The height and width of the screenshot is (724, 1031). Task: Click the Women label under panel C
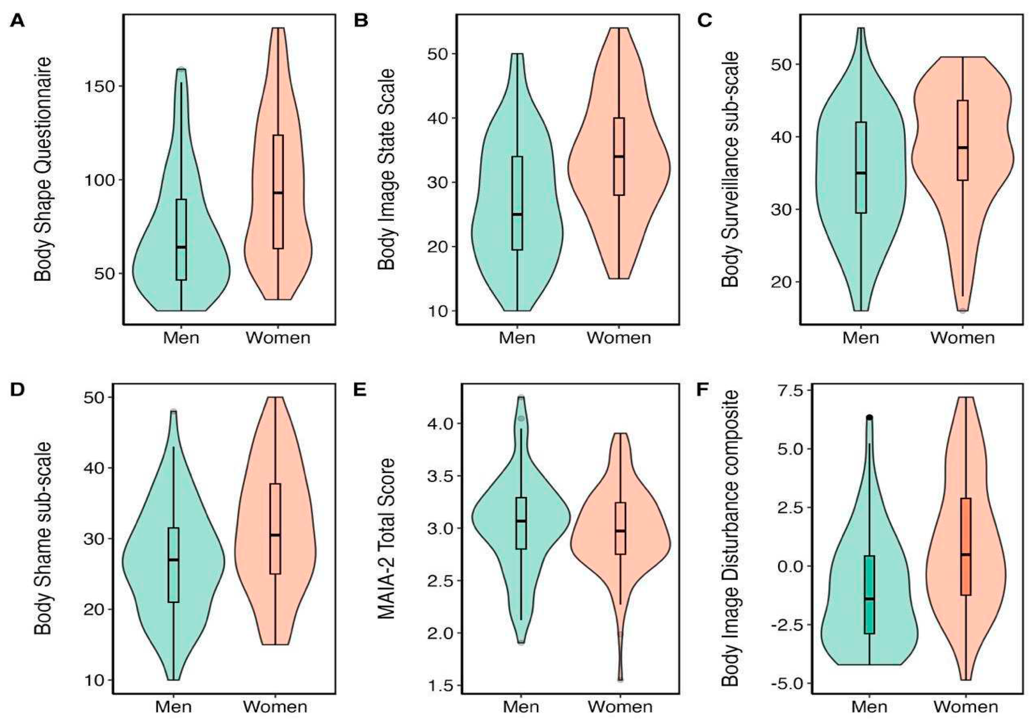[962, 338]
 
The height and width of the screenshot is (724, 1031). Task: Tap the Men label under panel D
[173, 707]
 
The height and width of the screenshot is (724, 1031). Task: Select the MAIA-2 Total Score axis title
[386, 539]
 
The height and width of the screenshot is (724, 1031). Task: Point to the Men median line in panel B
[517, 214]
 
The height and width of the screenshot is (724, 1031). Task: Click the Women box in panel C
[962, 140]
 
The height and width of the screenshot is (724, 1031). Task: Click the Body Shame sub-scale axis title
[43, 539]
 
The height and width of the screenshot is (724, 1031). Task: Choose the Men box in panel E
[521, 523]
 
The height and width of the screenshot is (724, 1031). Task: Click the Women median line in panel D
[275, 535]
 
